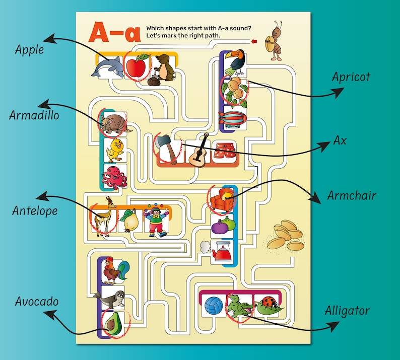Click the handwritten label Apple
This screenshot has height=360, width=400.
coord(29,49)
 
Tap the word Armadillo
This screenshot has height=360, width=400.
coord(34,115)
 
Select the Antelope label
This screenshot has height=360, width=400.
coord(35,210)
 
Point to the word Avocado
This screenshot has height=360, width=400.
coord(36,302)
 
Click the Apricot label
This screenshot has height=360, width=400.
coord(351,77)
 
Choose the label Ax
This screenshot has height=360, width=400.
coord(340,140)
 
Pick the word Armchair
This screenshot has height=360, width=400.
coord(352,195)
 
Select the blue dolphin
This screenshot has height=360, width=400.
coord(108,67)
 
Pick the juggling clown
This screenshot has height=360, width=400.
coord(157,220)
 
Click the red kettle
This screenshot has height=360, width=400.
coord(222,251)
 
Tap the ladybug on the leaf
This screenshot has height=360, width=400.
coord(266,304)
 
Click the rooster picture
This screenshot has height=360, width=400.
coord(115,271)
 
